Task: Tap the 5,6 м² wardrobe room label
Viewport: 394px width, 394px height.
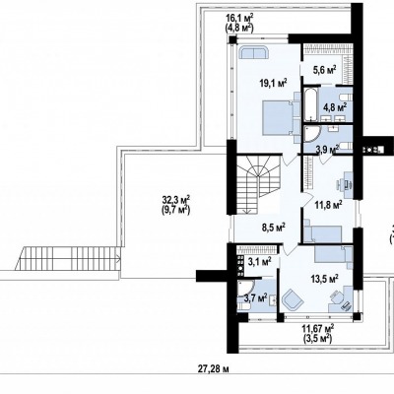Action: (323, 70)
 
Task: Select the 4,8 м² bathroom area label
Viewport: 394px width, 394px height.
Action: (335, 107)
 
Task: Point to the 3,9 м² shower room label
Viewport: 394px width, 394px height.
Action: (327, 150)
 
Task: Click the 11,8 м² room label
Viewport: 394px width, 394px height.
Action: (329, 206)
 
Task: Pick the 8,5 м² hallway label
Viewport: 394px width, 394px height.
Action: (272, 227)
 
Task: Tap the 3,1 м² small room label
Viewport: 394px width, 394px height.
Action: (259, 262)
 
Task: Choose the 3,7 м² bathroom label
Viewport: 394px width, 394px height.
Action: (255, 297)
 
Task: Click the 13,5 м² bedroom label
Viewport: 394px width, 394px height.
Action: (325, 279)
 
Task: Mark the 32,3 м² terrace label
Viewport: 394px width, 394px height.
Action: (176, 205)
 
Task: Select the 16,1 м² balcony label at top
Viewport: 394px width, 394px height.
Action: (239, 23)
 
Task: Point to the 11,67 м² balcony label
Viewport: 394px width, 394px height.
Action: (318, 333)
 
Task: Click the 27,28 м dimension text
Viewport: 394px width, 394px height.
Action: (213, 369)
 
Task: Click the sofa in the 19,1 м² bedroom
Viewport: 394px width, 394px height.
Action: (254, 52)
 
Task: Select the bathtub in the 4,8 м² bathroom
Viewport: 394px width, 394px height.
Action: (310, 104)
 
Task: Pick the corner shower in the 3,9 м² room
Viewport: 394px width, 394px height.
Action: (311, 135)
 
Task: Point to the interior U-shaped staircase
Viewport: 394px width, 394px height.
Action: (258, 185)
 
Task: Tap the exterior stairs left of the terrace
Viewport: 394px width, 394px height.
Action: (68, 258)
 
